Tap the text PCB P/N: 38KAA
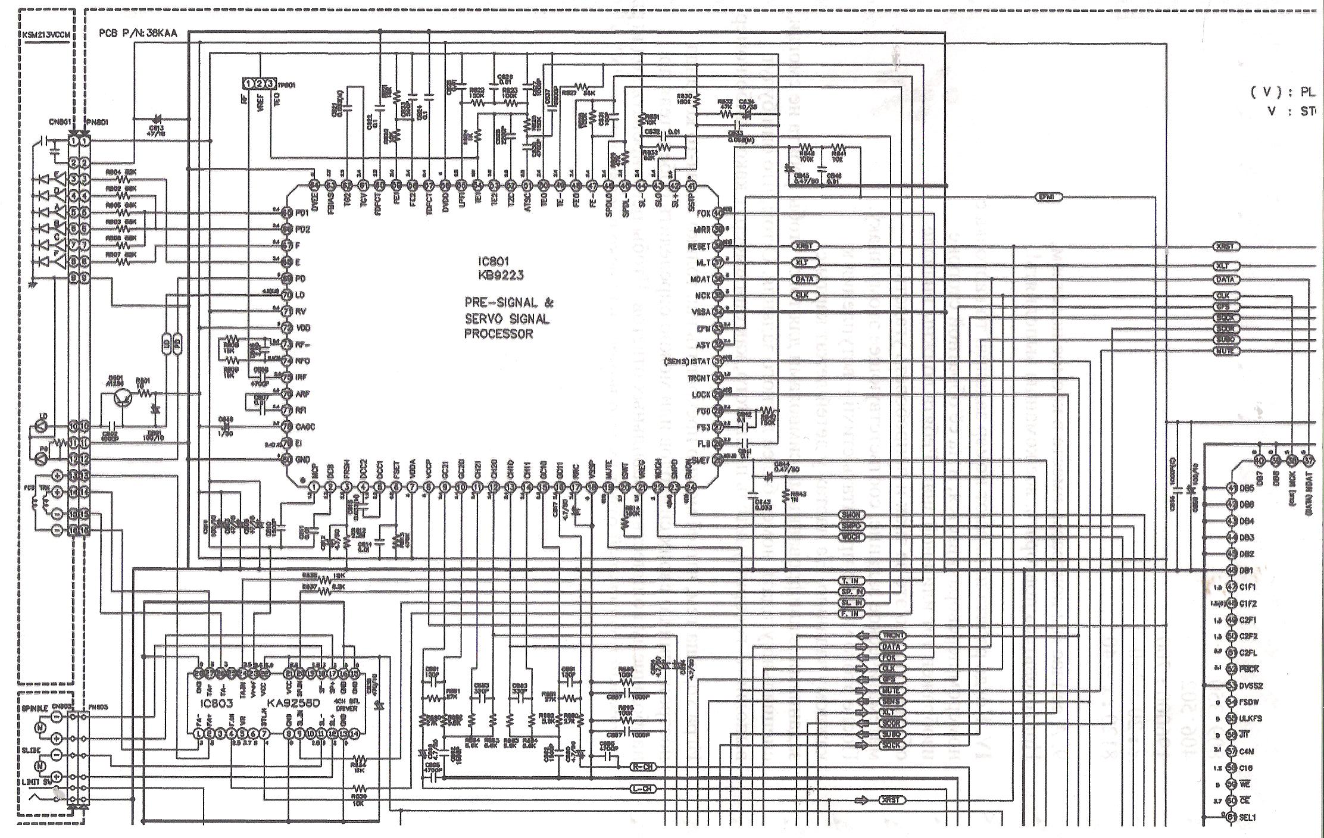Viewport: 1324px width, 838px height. (138, 33)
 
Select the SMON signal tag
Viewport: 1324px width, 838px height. (851, 515)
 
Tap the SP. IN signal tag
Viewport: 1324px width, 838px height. (851, 592)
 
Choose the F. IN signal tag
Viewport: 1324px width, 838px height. (851, 614)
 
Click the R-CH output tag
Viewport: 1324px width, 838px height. (644, 768)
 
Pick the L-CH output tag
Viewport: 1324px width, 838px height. (644, 790)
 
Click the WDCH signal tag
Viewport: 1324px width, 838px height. (851, 537)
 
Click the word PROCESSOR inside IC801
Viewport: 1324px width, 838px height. (498, 334)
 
